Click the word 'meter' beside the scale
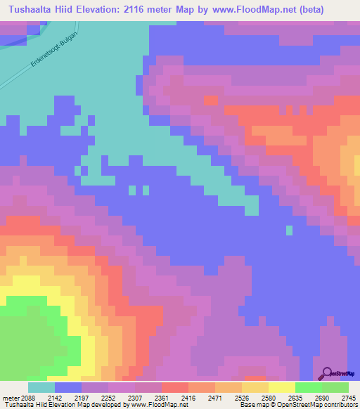tap(9, 397)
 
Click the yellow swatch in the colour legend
tap(281, 387)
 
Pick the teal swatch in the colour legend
tap(41, 387)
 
